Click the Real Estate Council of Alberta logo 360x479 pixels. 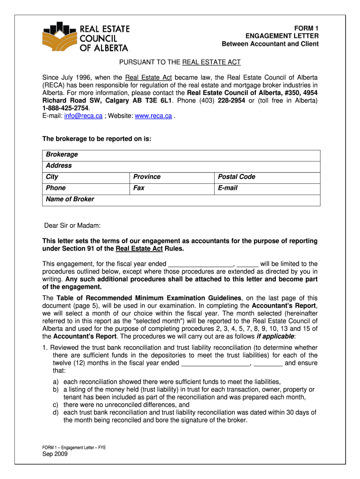[x=86, y=36]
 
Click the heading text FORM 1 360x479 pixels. [x=306, y=29]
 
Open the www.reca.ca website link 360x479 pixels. [x=153, y=116]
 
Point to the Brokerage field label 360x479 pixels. [x=62, y=154]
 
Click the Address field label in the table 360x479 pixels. [x=59, y=166]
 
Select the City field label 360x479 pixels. [x=52, y=177]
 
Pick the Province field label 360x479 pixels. [x=147, y=177]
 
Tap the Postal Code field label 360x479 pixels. [x=237, y=177]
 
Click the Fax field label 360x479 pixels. [x=139, y=188]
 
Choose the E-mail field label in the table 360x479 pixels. [x=228, y=188]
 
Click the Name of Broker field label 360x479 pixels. [x=70, y=199]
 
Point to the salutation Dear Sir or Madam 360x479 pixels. [x=72, y=226]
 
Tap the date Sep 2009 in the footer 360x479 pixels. [x=55, y=454]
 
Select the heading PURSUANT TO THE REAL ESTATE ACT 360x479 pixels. [x=180, y=62]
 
